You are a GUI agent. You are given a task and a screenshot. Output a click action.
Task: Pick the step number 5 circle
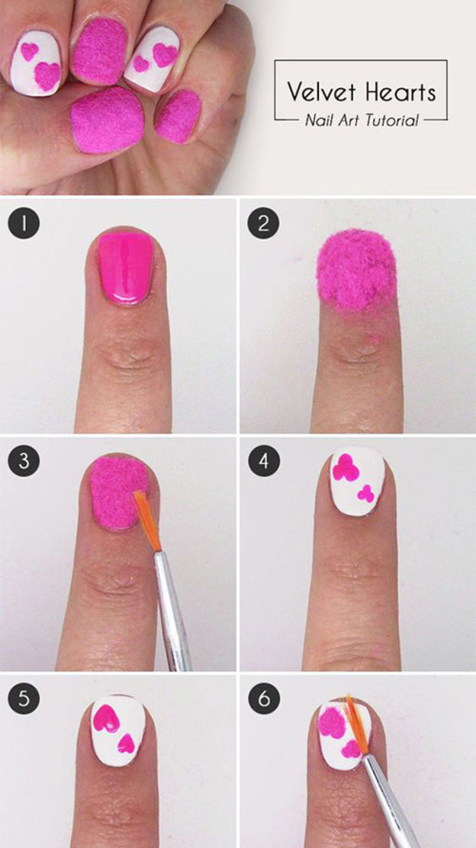click(24, 699)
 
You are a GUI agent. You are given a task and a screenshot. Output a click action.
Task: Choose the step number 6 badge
click(263, 699)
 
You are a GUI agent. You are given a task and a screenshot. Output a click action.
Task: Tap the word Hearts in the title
click(400, 91)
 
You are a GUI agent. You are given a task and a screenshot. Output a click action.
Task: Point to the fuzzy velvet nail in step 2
click(357, 271)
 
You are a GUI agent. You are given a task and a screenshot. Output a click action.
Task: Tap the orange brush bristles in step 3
click(147, 520)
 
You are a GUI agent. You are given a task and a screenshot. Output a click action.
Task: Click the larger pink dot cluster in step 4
click(346, 468)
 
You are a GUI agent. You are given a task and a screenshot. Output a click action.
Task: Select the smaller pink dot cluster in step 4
click(366, 493)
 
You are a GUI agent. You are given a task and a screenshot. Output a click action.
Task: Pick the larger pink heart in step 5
click(107, 719)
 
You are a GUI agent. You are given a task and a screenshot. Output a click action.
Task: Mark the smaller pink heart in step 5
click(126, 744)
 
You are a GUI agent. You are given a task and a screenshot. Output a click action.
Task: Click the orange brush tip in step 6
click(355, 725)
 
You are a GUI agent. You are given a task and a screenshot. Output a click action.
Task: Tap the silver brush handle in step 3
click(172, 611)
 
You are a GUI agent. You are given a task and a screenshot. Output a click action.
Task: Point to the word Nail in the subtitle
click(317, 120)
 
